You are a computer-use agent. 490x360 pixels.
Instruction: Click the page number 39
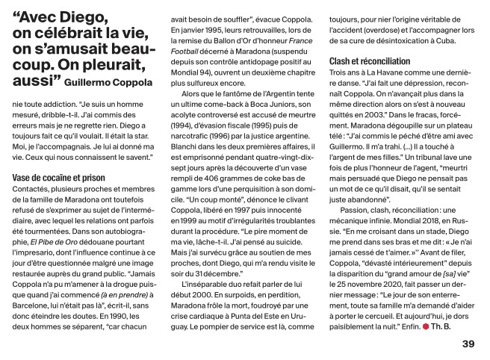tap(468, 344)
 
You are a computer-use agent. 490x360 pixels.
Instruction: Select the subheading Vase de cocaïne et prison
tap(61, 176)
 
